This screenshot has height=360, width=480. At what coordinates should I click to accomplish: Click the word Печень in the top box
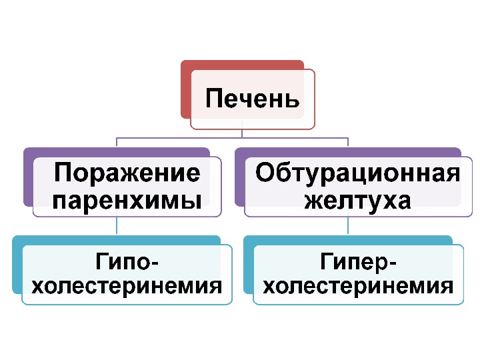point(252,99)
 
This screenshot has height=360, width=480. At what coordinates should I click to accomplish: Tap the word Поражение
point(127,173)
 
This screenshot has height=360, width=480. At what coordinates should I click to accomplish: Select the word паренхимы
point(127,199)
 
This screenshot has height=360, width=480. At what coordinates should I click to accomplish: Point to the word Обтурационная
point(358,173)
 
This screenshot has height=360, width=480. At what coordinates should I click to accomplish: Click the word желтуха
point(358,199)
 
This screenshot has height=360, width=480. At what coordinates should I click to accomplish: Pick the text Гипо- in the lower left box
point(127,261)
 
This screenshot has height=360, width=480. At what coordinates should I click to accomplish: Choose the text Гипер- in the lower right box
point(358,261)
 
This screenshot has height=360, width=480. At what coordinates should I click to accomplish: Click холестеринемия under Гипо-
point(127,287)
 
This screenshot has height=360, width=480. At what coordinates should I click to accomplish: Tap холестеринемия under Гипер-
point(358,287)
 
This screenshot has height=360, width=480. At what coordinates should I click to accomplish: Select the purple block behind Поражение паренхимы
point(28,180)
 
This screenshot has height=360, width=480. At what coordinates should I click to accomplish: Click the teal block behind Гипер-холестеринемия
point(248,267)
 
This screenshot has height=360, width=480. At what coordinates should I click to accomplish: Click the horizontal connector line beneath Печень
point(200,138)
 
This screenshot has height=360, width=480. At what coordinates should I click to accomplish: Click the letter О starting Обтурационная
point(265,173)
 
